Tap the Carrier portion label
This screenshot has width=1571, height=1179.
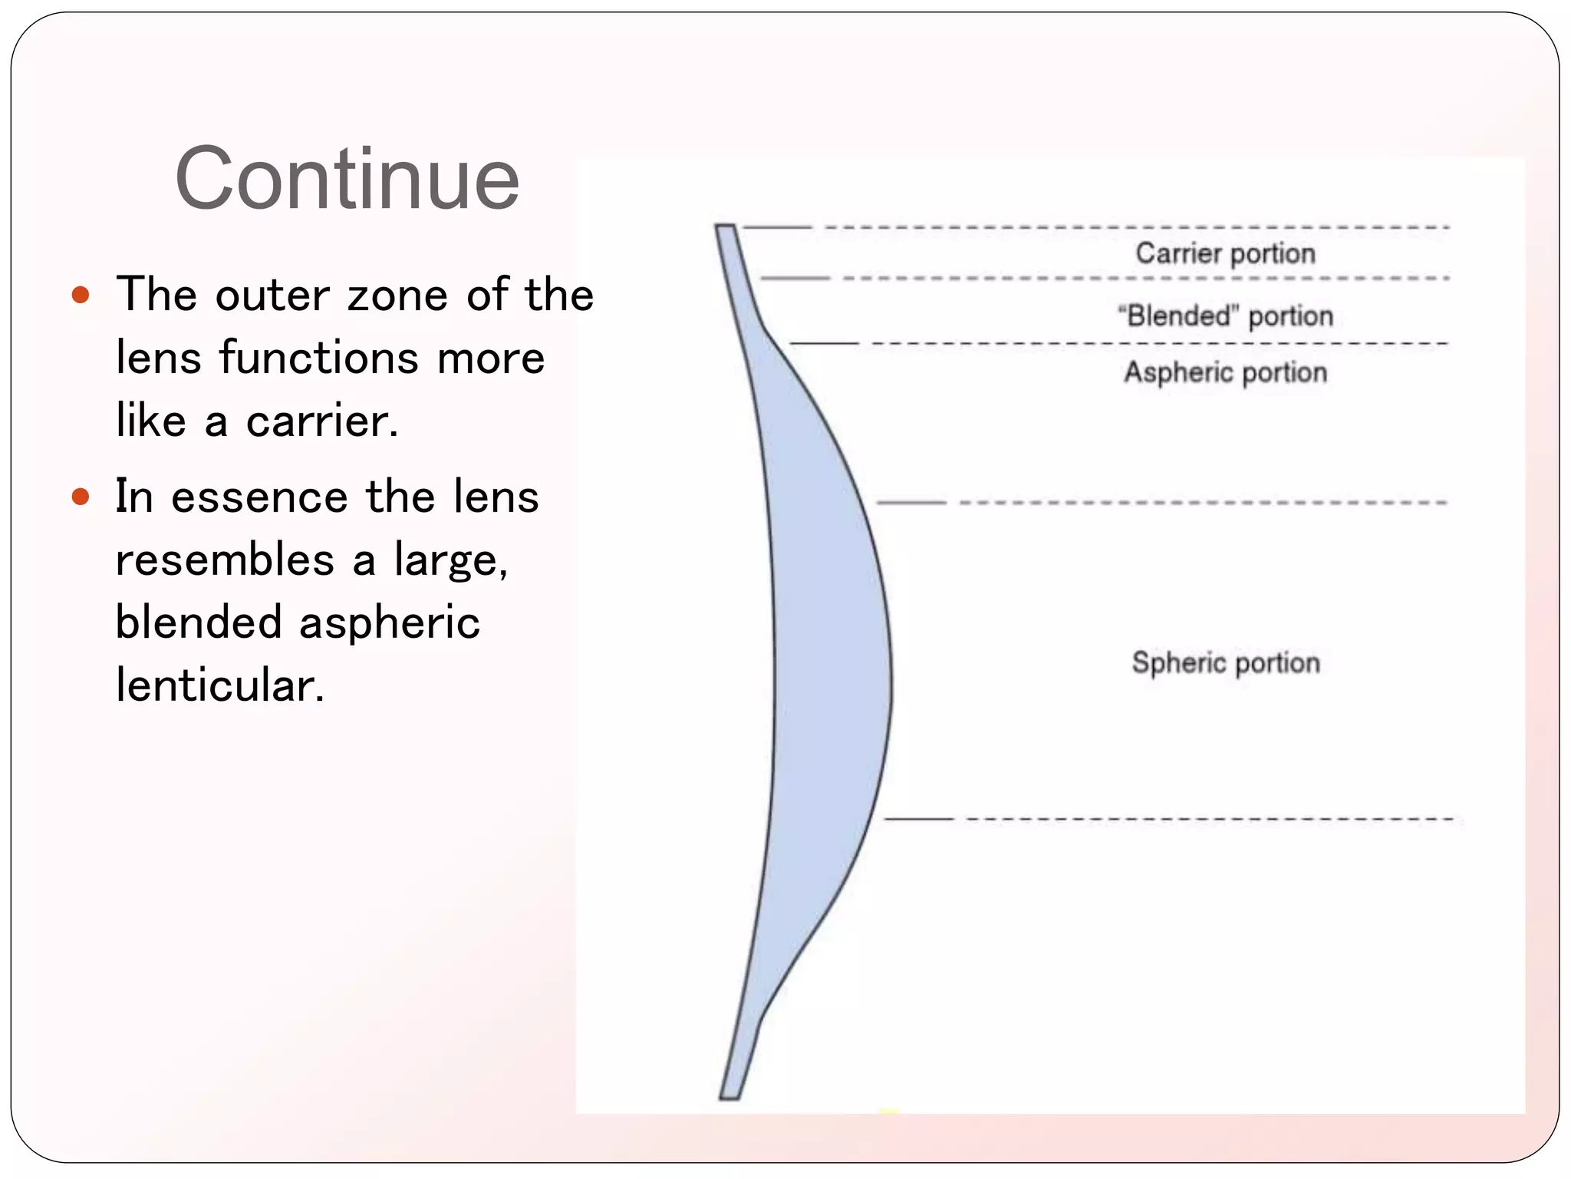[1225, 253]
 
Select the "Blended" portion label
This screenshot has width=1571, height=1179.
[1225, 315]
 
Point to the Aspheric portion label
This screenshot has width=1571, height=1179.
[1225, 372]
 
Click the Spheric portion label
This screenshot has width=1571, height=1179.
[1226, 662]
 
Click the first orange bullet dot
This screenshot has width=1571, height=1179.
[81, 295]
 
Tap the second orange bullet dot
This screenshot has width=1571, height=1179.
[81, 497]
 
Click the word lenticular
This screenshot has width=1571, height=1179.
[220, 685]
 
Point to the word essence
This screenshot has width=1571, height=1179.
[259, 497]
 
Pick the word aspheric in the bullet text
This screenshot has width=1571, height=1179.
[389, 622]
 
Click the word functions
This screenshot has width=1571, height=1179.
[318, 358]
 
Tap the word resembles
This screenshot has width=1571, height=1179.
[225, 560]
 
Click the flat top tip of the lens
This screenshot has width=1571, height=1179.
[726, 226]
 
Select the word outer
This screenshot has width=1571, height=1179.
[272, 295]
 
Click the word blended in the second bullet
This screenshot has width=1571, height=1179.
[198, 622]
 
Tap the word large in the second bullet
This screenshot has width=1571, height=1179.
[450, 560]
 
